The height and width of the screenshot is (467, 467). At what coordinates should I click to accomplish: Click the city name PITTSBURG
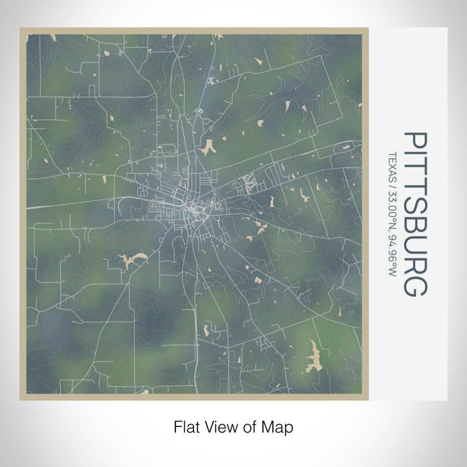coord(416,214)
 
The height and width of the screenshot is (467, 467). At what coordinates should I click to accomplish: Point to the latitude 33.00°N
coord(391,212)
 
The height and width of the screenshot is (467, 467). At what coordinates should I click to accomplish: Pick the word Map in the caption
coord(280,425)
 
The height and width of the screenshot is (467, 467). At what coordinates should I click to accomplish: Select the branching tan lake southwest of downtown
coord(132,260)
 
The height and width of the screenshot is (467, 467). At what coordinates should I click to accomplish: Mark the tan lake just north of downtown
coord(207,146)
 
